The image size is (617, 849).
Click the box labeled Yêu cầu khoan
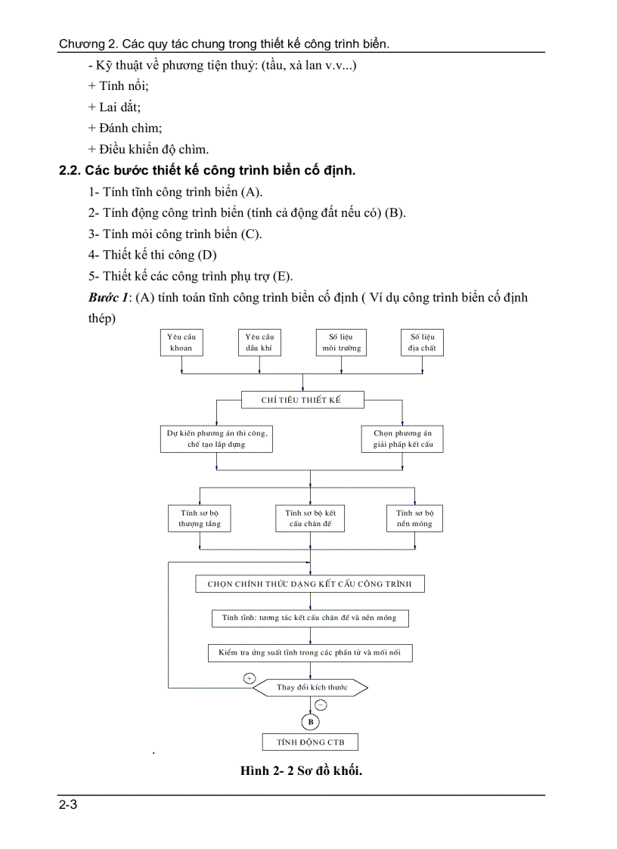(181, 342)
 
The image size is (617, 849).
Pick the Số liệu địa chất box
(423, 342)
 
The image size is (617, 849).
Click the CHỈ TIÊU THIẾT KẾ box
(302, 400)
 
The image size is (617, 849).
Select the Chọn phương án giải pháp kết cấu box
(403, 439)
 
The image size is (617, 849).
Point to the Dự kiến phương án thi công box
(217, 439)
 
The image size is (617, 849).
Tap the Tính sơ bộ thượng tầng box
(200, 519)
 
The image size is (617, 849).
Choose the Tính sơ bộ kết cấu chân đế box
(310, 519)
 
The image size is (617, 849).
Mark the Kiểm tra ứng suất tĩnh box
(310, 652)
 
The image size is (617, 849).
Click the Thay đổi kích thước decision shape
(310, 687)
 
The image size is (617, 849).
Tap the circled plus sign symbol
(250, 678)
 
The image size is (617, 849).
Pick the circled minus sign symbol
(321, 705)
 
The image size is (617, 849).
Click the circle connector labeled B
(310, 721)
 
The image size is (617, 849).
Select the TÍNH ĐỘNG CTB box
(310, 742)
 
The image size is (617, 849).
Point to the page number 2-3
(69, 805)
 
